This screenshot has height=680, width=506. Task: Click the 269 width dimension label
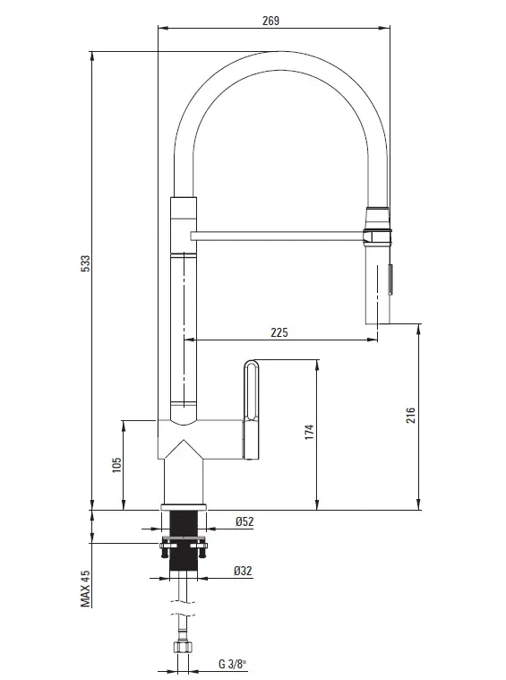point(270,21)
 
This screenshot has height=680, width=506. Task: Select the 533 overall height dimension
point(86,263)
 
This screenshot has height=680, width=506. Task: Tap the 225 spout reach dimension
point(279,332)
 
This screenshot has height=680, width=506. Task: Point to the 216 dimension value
point(410,416)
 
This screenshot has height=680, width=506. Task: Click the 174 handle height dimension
point(309,433)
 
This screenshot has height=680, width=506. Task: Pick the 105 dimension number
point(116,465)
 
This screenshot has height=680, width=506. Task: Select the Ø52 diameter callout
point(244,521)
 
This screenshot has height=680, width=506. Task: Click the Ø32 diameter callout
point(243,571)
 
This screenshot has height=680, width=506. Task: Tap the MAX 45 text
point(86,589)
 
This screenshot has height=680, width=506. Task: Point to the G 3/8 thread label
point(233,664)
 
